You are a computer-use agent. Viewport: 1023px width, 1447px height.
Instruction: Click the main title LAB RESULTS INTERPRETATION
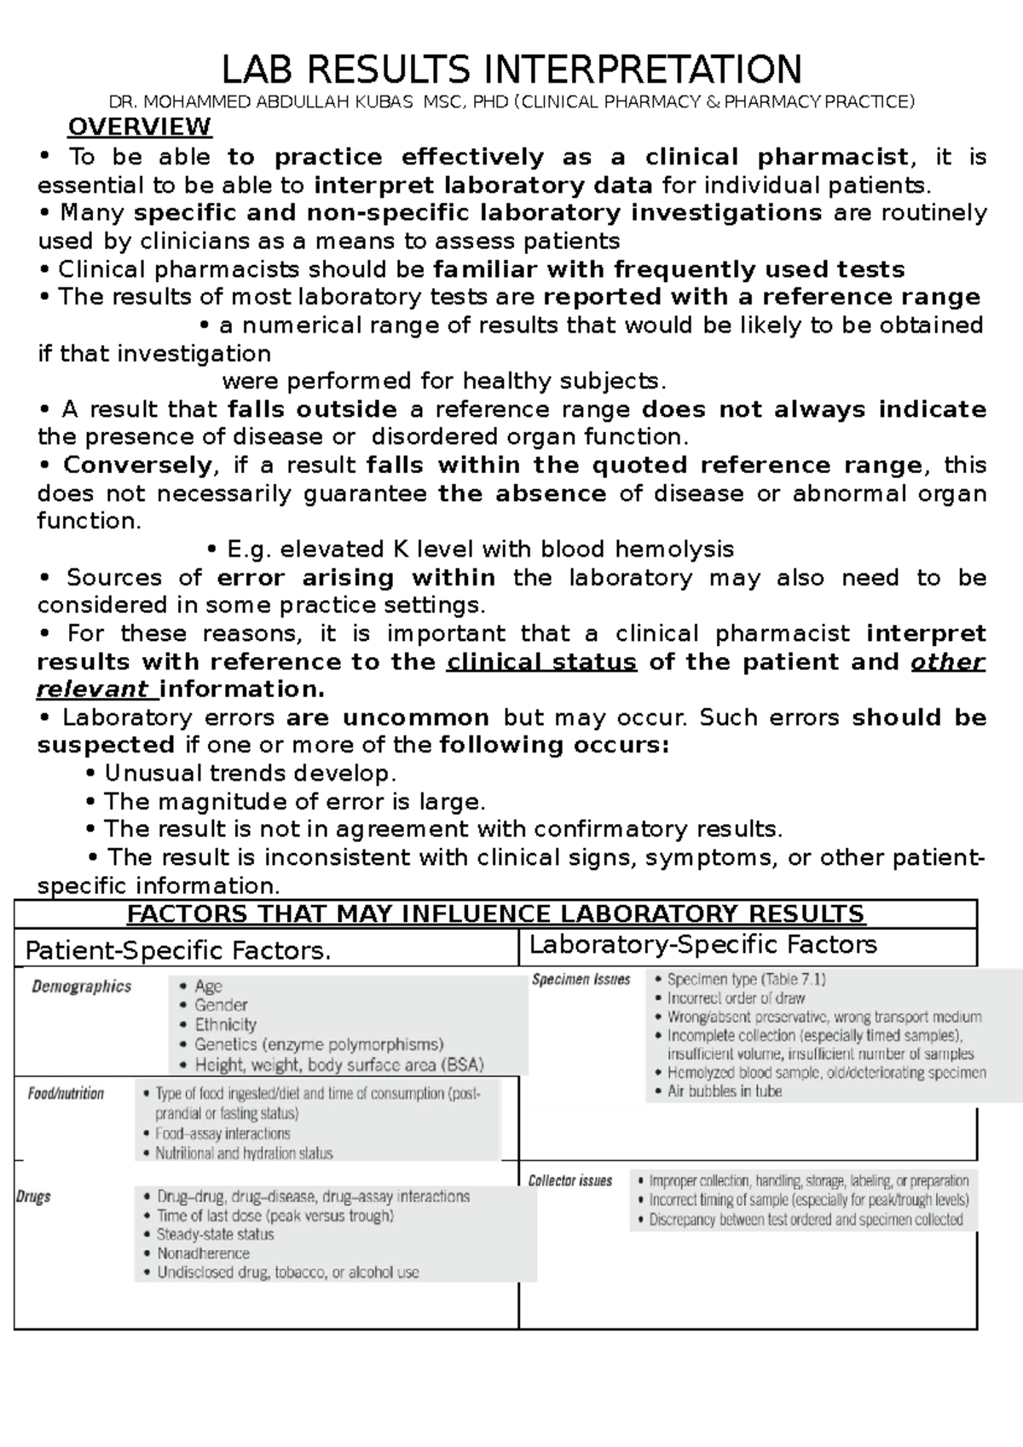[511, 69]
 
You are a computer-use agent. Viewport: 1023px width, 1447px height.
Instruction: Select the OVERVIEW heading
[139, 128]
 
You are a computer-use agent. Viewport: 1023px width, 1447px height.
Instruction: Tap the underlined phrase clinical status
[541, 662]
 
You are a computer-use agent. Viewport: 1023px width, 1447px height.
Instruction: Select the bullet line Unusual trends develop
[250, 774]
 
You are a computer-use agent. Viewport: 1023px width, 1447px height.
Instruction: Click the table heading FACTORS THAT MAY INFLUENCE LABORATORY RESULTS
[495, 915]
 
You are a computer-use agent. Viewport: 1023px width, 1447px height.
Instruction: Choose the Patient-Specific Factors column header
[178, 950]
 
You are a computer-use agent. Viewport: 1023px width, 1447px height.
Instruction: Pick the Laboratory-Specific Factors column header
[703, 945]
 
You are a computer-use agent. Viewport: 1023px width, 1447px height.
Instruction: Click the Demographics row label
[82, 987]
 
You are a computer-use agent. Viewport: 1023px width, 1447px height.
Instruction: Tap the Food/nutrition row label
[66, 1093]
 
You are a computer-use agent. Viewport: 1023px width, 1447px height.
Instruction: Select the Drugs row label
[34, 1196]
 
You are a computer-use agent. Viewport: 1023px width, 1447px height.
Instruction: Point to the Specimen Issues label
[581, 980]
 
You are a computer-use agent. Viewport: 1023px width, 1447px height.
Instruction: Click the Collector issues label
[570, 1181]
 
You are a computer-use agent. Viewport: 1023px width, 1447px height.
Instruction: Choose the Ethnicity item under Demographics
[225, 1025]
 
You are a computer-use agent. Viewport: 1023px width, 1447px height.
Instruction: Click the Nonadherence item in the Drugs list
[203, 1254]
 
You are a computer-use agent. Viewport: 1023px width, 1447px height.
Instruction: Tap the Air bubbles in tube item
[724, 1092]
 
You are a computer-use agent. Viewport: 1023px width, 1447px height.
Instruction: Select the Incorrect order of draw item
[736, 998]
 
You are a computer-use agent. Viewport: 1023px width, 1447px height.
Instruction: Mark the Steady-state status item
[215, 1235]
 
